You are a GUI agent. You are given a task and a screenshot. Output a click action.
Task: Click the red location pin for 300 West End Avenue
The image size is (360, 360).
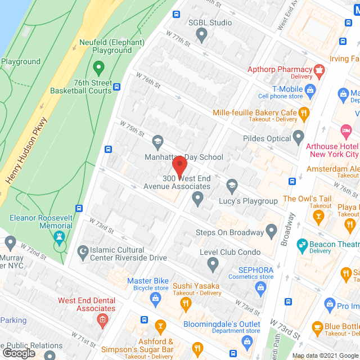pyautogui.click(x=179, y=166)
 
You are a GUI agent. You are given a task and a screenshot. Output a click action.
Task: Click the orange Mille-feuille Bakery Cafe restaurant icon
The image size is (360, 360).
pyautogui.click(x=304, y=113)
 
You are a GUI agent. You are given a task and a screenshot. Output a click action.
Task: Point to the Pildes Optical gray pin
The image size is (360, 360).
pyautogui.click(x=299, y=138)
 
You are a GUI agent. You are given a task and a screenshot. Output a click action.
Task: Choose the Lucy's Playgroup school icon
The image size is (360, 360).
pyautogui.click(x=231, y=185)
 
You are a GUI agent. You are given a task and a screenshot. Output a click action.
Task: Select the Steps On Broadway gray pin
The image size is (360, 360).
pyautogui.click(x=272, y=230)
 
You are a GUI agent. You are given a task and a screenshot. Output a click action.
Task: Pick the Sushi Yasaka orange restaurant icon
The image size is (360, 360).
pyautogui.click(x=186, y=304)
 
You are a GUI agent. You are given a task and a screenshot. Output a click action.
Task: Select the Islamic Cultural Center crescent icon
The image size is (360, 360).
pyautogui.click(x=83, y=254)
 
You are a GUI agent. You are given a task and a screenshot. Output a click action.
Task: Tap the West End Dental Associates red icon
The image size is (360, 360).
pyautogui.click(x=102, y=321)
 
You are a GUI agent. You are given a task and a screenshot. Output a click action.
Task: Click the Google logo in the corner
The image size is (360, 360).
pyautogui.click(x=19, y=353)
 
